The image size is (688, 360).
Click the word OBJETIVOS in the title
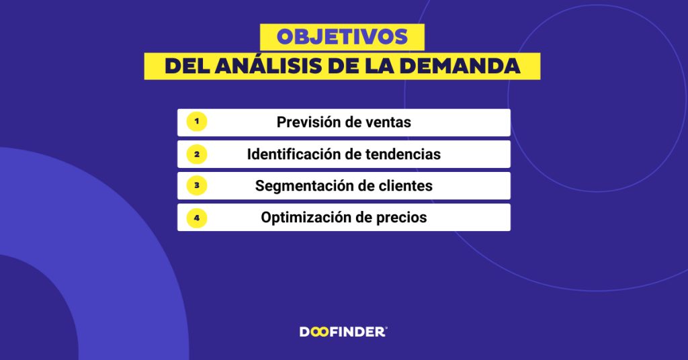click(x=342, y=37)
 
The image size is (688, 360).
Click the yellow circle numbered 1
click(x=196, y=122)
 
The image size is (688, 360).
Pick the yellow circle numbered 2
click(x=196, y=154)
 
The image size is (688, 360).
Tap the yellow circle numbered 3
click(x=196, y=185)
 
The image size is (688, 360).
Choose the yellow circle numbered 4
click(x=196, y=218)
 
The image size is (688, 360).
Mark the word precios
click(x=401, y=218)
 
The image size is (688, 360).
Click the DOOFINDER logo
click(x=343, y=331)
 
